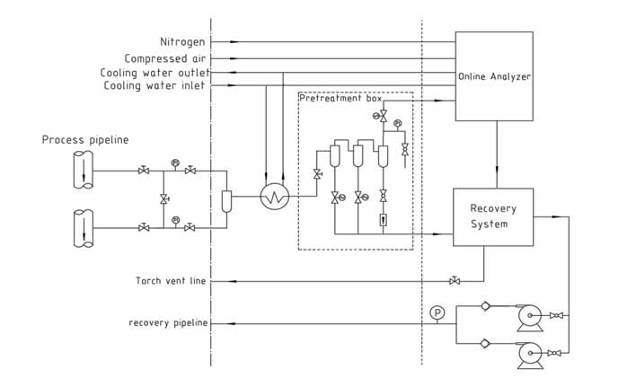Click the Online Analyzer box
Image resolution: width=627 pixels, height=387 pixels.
(493, 76)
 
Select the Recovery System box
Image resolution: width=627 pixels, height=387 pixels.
(492, 215)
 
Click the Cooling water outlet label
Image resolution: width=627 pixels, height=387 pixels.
(155, 72)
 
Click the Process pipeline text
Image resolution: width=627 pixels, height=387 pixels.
(85, 141)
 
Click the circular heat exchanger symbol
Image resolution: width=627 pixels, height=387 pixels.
(271, 198)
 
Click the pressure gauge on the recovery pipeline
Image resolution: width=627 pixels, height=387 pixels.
(437, 312)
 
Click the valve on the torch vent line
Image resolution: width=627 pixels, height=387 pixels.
(455, 281)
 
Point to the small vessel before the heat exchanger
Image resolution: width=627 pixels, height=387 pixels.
(227, 198)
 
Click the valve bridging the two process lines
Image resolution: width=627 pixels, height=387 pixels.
(163, 198)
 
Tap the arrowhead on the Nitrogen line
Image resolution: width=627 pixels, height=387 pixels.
(235, 42)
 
